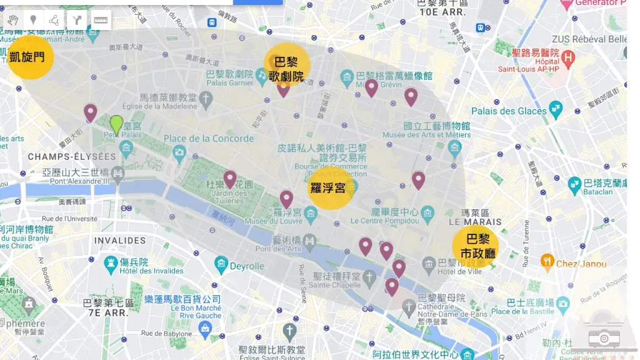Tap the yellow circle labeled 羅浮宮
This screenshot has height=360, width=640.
coord(331,187)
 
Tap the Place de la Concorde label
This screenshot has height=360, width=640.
coord(209,139)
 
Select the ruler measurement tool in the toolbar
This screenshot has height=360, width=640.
coord(101,20)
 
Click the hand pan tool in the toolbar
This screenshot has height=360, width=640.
coord(14,20)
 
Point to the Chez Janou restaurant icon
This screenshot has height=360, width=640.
coord(547,261)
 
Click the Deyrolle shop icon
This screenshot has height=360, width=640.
coord(221,265)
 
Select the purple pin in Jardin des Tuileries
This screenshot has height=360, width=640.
coord(230,179)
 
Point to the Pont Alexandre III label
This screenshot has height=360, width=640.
coord(79,181)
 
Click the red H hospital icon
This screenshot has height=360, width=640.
coord(567,59)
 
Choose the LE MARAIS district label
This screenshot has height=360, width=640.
coord(475,221)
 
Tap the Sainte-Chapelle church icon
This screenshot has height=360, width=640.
coord(370,277)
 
